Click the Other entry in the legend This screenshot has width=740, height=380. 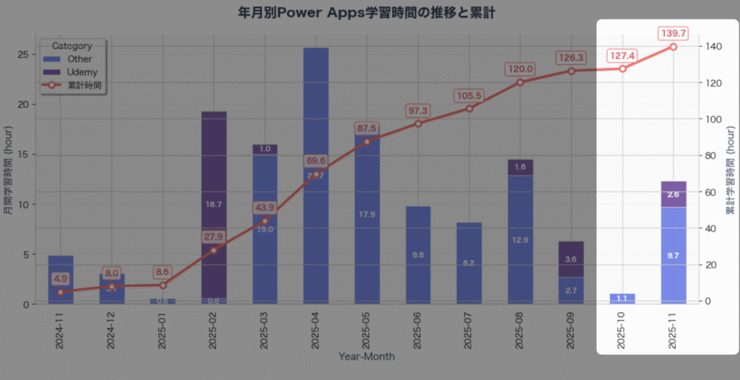click(79, 59)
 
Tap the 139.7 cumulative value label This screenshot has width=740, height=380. click(673, 33)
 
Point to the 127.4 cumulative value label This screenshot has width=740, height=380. click(622, 55)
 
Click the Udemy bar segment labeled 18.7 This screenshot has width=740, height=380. click(214, 204)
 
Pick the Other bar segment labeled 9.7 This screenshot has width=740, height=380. click(673, 255)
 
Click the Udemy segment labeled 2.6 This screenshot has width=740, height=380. click(673, 194)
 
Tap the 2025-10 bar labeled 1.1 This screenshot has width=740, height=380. click(622, 298)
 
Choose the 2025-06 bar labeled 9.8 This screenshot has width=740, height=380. click(418, 255)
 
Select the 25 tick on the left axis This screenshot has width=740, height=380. click(24, 54)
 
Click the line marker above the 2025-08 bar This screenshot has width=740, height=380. click(520, 82)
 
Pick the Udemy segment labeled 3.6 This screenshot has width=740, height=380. click(571, 259)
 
